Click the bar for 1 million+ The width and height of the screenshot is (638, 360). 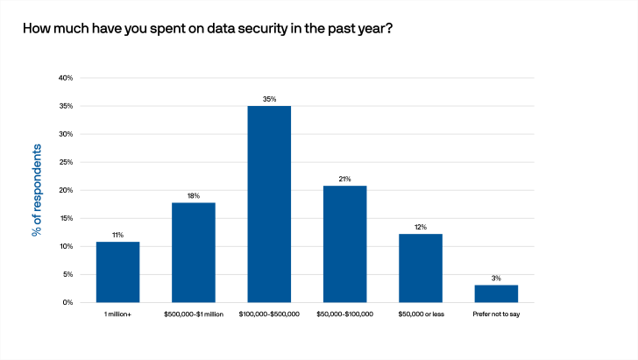[x=117, y=272]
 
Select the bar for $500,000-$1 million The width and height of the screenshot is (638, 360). [x=194, y=252]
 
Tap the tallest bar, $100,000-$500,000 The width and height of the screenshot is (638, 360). [x=269, y=204]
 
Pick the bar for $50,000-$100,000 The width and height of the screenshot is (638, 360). [x=344, y=244]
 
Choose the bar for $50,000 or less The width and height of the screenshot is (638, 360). [x=421, y=268]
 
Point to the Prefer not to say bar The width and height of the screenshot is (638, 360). [x=496, y=293]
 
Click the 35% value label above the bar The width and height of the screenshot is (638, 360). [x=269, y=100]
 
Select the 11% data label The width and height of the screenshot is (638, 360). [x=117, y=235]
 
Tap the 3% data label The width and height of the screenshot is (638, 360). [x=496, y=279]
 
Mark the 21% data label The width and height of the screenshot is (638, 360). [x=344, y=180]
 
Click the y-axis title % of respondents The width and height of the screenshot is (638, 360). [x=37, y=190]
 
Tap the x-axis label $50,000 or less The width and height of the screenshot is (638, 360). [x=421, y=314]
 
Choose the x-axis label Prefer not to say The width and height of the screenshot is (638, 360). [x=496, y=314]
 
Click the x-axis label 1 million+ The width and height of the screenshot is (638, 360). [x=117, y=314]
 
